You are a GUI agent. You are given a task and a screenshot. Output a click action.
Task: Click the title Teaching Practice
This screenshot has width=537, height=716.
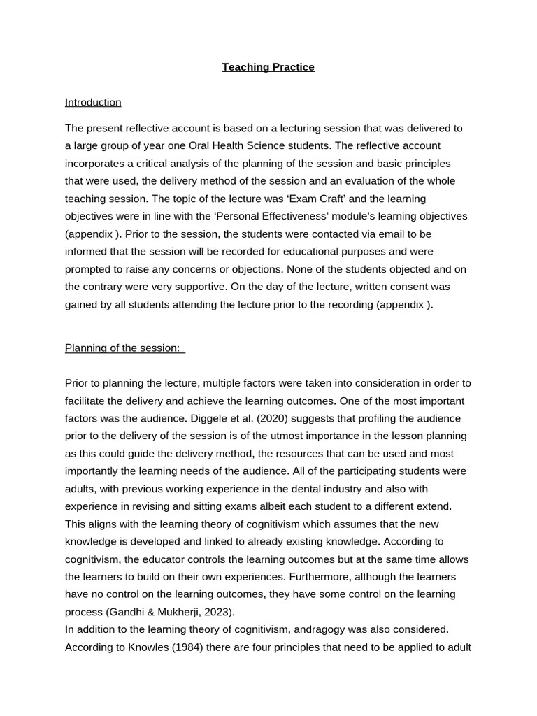coord(268,67)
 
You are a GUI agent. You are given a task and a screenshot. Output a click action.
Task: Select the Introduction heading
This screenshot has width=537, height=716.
coord(93,102)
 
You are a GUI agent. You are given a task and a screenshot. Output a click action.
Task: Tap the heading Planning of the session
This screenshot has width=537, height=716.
coord(122,348)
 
